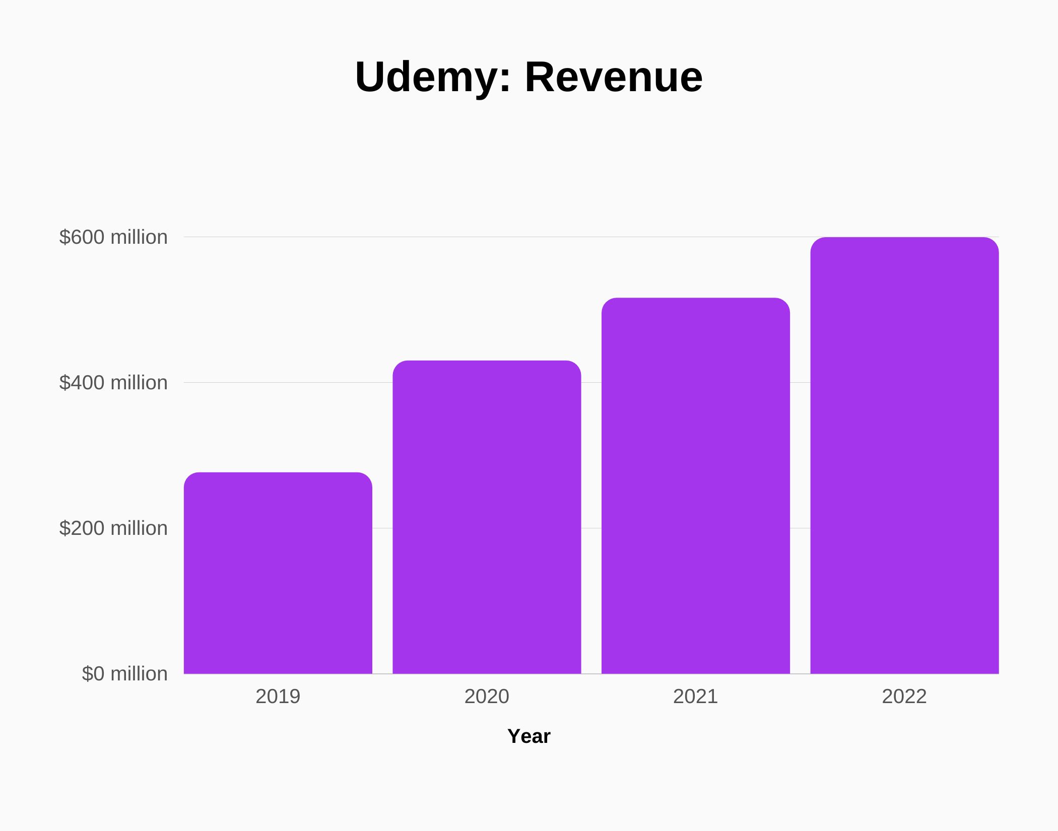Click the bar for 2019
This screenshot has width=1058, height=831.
pos(278,574)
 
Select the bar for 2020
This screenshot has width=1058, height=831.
pos(487,519)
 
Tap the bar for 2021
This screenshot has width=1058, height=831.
pos(695,486)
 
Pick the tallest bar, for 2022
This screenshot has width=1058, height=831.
pos(904,456)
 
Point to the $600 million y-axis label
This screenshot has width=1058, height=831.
pos(113,237)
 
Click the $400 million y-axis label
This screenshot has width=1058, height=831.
pos(113,383)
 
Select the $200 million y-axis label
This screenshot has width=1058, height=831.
pos(113,528)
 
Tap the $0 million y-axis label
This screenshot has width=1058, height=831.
pos(124,674)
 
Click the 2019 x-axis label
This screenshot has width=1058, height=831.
pos(278,697)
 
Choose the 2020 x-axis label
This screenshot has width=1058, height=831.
pos(487,697)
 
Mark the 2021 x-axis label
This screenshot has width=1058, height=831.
pos(695,697)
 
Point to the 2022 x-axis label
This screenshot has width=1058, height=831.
pos(904,697)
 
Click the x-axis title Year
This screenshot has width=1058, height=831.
pos(528,736)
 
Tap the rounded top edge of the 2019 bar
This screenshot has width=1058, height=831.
pos(278,473)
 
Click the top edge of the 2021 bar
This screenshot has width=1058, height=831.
pos(695,299)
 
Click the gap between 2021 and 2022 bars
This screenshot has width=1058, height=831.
pos(800,504)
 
